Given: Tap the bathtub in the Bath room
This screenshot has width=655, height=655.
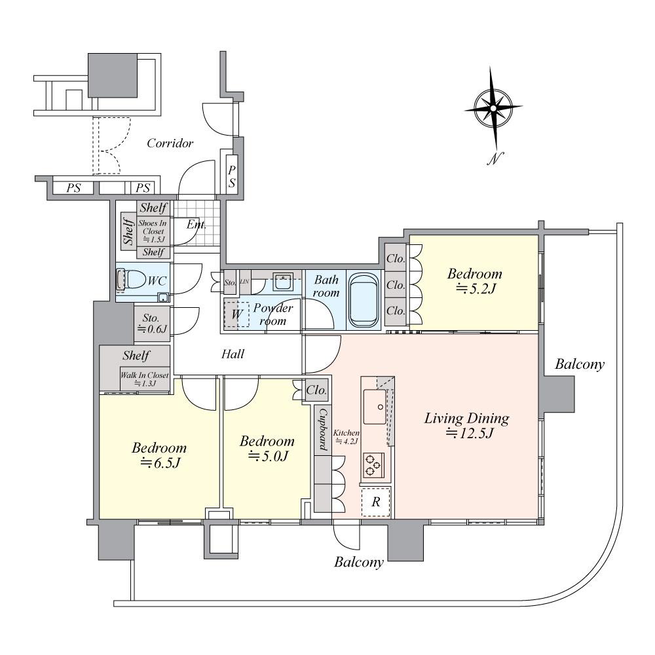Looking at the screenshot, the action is [x=364, y=299].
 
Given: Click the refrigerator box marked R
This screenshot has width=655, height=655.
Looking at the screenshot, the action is [x=376, y=502].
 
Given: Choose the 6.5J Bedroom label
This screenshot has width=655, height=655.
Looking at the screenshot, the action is [x=159, y=456].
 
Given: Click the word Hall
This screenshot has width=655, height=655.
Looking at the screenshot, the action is [x=233, y=354].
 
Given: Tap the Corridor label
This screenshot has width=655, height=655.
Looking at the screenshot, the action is [x=170, y=143].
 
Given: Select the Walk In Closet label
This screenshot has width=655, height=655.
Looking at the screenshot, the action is [x=144, y=379].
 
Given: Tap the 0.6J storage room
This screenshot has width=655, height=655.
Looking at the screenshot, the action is [x=151, y=324].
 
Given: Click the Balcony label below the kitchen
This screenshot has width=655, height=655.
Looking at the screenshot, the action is [x=358, y=562].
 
